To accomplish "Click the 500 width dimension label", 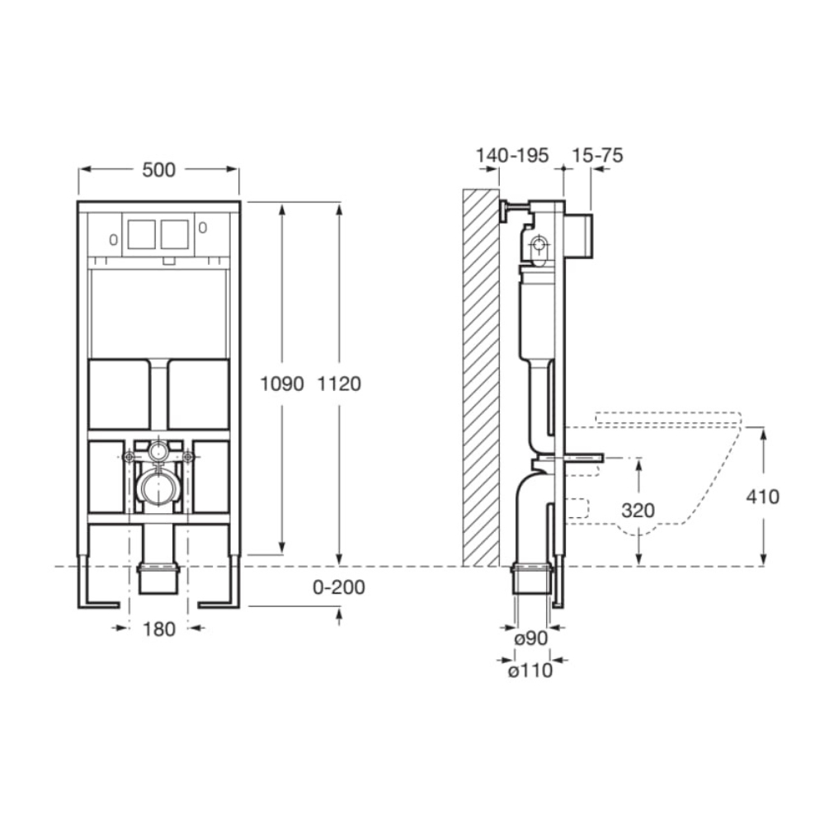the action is pyautogui.click(x=158, y=170).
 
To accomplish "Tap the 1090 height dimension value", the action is pyautogui.click(x=282, y=384).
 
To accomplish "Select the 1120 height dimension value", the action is pyautogui.click(x=339, y=384).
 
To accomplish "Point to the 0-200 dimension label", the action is pyautogui.click(x=339, y=587).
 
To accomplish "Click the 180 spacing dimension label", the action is pyautogui.click(x=158, y=629).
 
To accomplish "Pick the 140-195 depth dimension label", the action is pyautogui.click(x=512, y=155).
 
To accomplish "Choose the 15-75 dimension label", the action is pyautogui.click(x=597, y=155).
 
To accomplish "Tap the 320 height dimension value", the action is pyautogui.click(x=638, y=511).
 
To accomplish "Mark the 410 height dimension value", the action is pyautogui.click(x=762, y=497).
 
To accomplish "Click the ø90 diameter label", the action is pyautogui.click(x=531, y=638).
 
